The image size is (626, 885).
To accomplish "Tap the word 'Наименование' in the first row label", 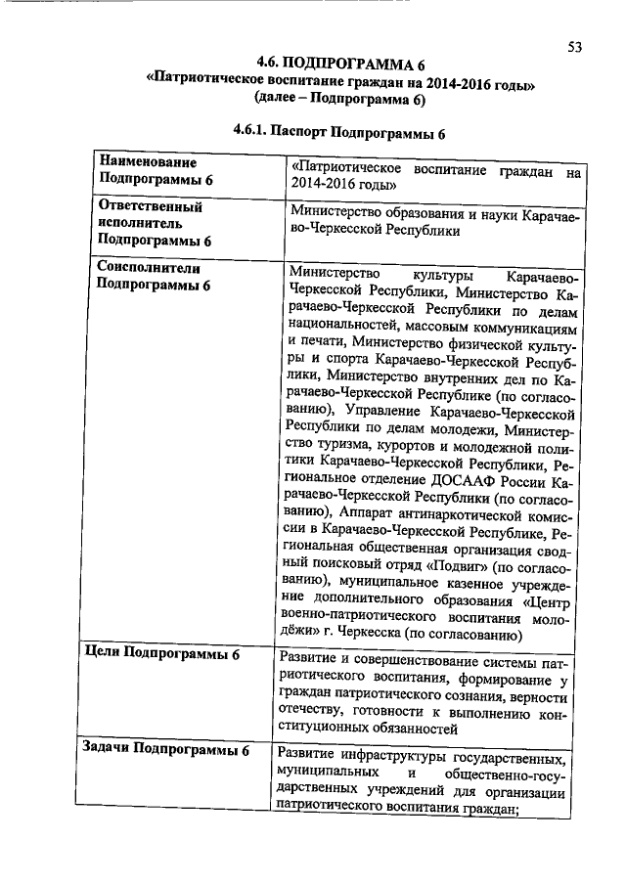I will (148, 162).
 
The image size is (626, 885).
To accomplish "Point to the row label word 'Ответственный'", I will (151, 207).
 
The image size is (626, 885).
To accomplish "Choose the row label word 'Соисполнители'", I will (150, 267).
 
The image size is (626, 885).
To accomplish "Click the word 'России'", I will (518, 480).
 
